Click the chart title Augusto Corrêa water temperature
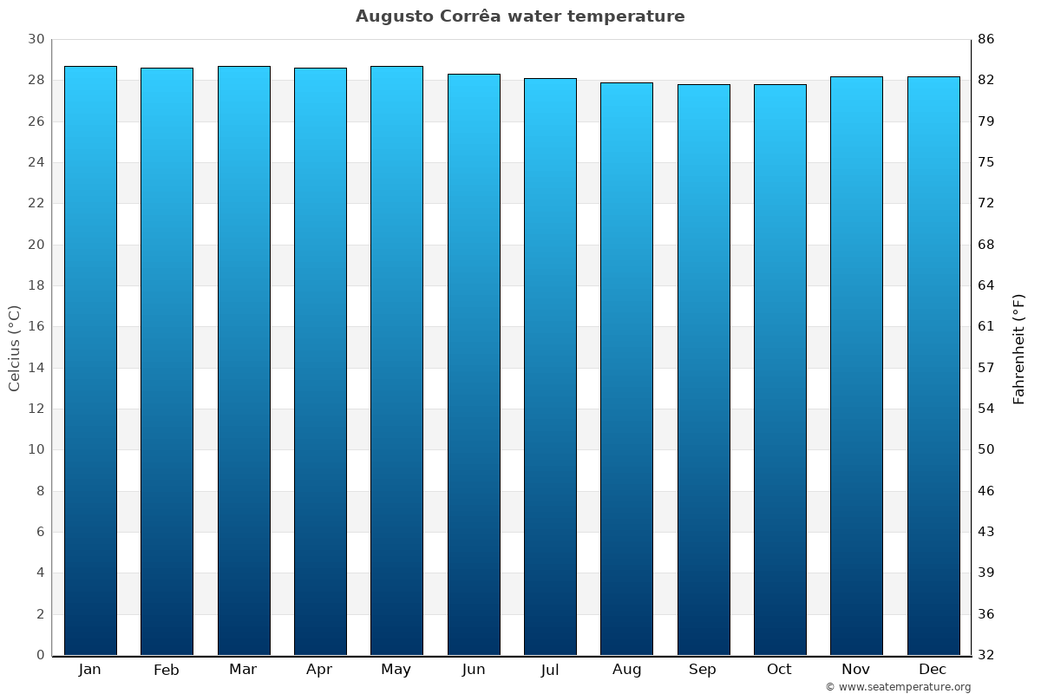click(520, 16)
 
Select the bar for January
click(90, 360)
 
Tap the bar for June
click(474, 364)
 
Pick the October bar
click(780, 369)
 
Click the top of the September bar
click(704, 85)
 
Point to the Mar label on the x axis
click(243, 670)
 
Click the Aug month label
click(626, 670)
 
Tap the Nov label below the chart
click(856, 670)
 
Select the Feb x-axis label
click(167, 670)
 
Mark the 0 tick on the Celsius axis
click(40, 655)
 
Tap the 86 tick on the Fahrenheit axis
click(986, 39)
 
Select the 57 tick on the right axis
click(986, 368)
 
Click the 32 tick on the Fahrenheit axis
click(986, 655)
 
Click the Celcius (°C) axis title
click(14, 348)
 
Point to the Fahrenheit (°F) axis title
click(1019, 348)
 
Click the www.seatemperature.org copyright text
click(898, 687)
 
